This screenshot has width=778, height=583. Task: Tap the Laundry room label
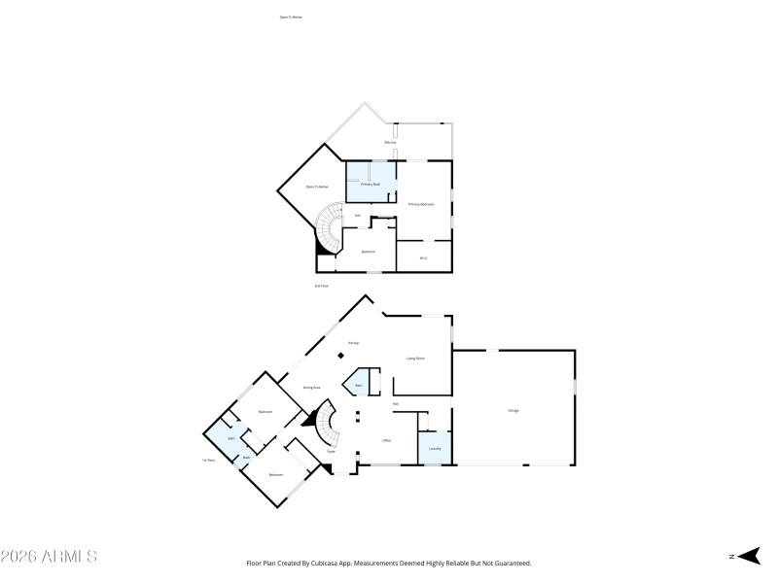point(435,449)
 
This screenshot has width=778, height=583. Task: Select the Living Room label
point(415,359)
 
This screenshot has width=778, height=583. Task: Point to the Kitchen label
point(354,343)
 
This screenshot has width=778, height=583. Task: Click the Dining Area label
point(311,388)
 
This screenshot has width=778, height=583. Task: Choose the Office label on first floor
point(386,440)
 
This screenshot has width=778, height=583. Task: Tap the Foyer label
point(331,452)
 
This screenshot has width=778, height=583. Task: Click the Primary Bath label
point(371,184)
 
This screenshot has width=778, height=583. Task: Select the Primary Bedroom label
point(421,204)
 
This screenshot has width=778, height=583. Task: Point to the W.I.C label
point(423,257)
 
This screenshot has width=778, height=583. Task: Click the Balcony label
point(390,143)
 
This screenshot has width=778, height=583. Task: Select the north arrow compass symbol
point(746,556)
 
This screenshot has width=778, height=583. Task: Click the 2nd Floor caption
point(321,286)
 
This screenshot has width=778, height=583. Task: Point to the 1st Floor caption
point(208,460)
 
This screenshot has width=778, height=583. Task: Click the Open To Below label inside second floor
point(317,187)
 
